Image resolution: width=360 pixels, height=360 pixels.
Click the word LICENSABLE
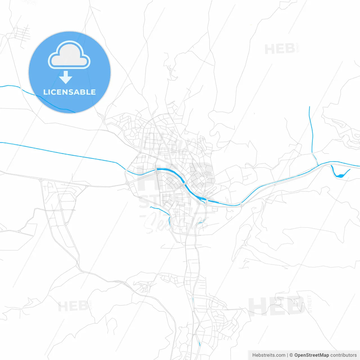point(69,92)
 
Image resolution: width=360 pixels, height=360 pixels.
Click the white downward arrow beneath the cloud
point(66,77)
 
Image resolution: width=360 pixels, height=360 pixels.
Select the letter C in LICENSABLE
point(52,92)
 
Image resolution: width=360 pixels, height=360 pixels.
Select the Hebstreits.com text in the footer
point(269,355)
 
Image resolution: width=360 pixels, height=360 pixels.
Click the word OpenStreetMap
point(312,355)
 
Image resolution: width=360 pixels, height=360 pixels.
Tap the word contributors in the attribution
point(343,355)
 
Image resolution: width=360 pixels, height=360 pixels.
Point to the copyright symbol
point(291,355)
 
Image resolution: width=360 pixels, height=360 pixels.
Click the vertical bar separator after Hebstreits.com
point(287,355)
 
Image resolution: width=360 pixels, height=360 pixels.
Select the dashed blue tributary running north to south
point(311,129)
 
